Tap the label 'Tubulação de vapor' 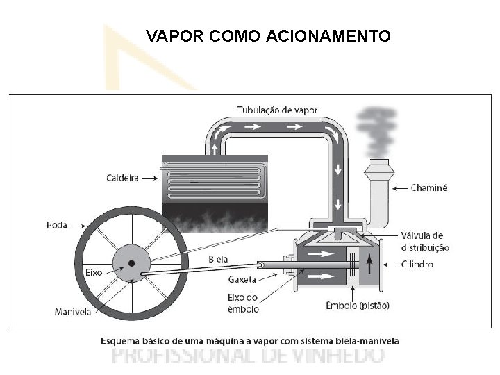[277, 110]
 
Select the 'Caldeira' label [122, 178]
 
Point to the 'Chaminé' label [429, 187]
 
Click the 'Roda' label [57, 225]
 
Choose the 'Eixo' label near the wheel [94, 272]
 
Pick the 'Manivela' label [73, 312]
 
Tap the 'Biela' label [218, 260]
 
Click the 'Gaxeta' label [242, 280]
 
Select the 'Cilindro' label [417, 265]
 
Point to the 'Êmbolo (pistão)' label [358, 305]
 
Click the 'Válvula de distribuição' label [425, 242]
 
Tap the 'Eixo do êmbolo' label [243, 303]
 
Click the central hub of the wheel [130, 263]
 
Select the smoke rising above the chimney [376, 132]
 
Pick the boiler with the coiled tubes [215, 177]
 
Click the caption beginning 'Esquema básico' [249, 341]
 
